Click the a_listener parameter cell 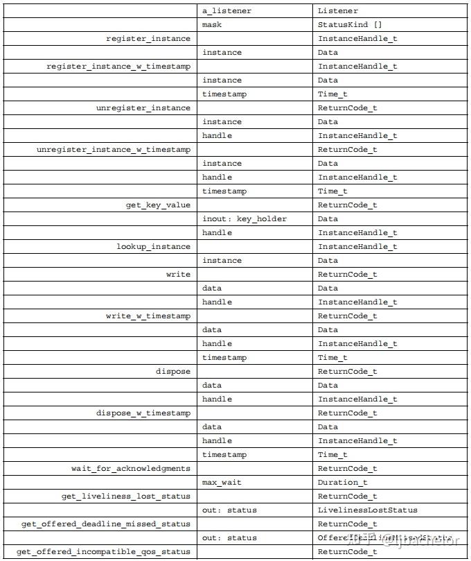click(x=226, y=11)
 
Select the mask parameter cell click(x=213, y=25)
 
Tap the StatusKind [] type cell click(x=350, y=25)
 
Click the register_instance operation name click(x=148, y=39)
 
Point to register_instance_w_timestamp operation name click(x=118, y=67)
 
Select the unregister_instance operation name click(x=143, y=108)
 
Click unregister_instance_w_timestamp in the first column click(x=113, y=150)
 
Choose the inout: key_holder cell click(x=244, y=219)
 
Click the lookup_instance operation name click(x=153, y=247)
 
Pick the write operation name click(x=178, y=275)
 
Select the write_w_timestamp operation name click(x=148, y=316)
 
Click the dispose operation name click(x=172, y=372)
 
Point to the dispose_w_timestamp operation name click(x=143, y=413)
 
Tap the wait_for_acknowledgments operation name click(x=130, y=469)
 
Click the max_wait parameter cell click(x=222, y=483)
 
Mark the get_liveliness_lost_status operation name click(x=125, y=497)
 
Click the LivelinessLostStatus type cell click(x=367, y=510)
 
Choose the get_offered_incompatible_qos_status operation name click(x=103, y=552)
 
